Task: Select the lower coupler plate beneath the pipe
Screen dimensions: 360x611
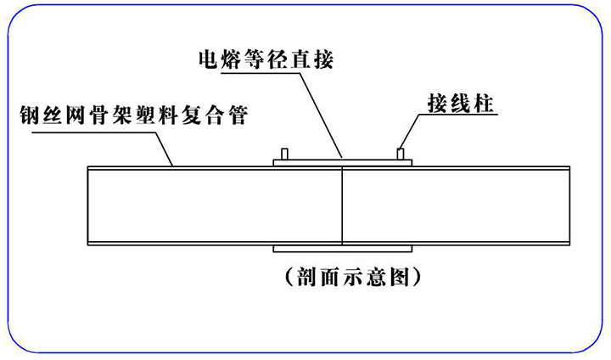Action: click(x=341, y=250)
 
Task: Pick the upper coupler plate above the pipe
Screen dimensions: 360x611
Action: click(x=341, y=161)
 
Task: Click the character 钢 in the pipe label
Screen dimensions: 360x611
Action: click(x=28, y=115)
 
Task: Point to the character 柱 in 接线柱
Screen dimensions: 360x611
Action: click(x=485, y=105)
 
